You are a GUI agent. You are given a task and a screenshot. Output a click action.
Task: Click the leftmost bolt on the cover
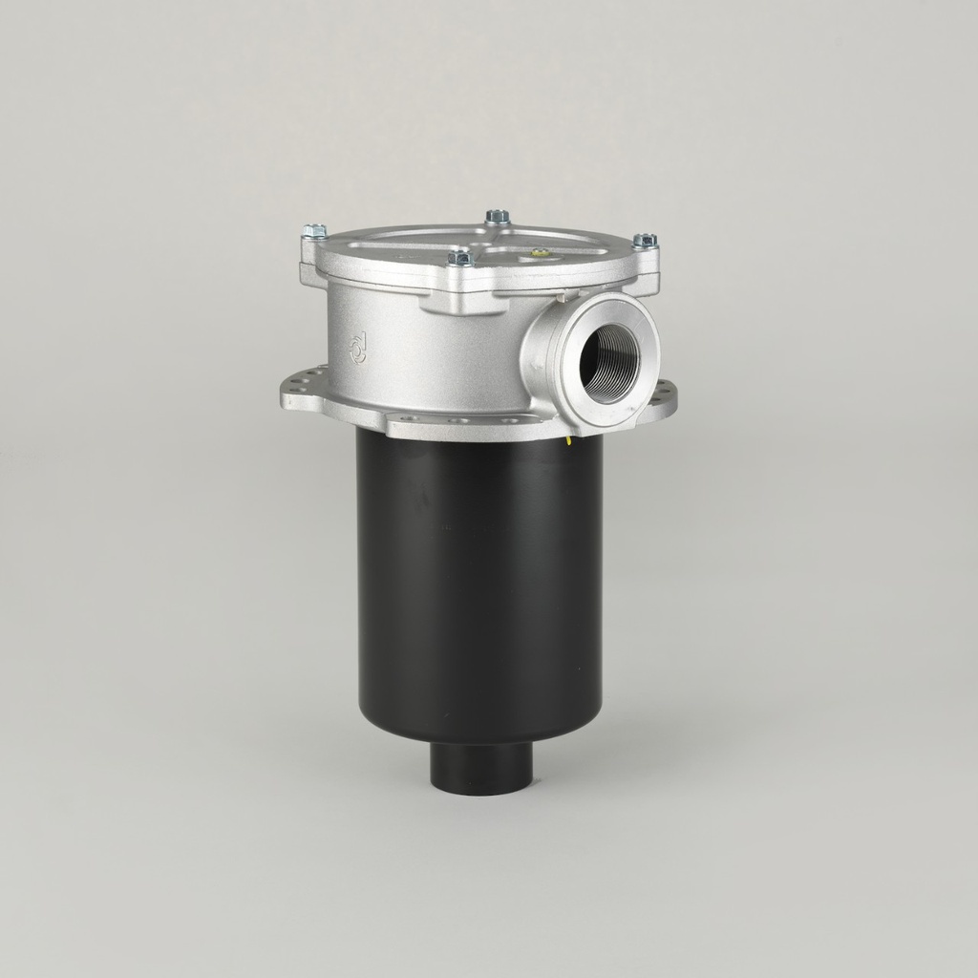click(314, 231)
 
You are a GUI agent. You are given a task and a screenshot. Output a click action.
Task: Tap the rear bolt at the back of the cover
click(497, 217)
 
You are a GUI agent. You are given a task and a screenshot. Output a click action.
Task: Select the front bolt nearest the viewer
click(459, 256)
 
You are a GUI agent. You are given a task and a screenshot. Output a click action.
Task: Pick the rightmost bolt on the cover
click(645, 241)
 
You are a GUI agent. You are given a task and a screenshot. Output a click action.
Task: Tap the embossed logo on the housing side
click(358, 346)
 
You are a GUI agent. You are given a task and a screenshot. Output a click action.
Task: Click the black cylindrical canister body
click(478, 592)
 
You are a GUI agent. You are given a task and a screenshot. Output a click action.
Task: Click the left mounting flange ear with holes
click(304, 392)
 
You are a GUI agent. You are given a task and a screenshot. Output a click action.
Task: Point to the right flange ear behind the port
click(664, 396)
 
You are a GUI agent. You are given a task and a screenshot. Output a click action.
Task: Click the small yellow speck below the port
click(568, 440)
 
